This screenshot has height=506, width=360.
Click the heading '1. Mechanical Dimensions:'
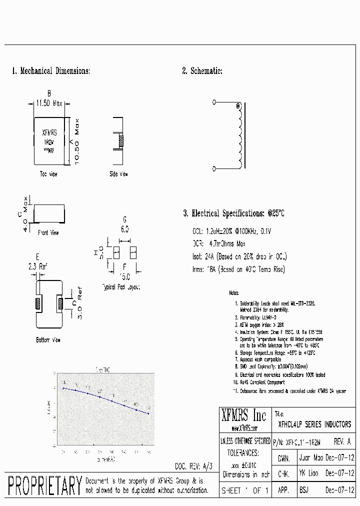[51, 71]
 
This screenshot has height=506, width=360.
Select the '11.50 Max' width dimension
[49, 104]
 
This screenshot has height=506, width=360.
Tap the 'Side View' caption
[118, 174]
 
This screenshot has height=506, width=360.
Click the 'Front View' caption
[48, 232]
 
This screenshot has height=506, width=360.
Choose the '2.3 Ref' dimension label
[37, 267]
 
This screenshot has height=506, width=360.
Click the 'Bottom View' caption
[48, 340]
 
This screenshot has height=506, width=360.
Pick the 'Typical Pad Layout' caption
[121, 287]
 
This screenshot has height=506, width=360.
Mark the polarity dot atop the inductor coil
[238, 106]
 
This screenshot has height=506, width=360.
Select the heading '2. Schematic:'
[202, 71]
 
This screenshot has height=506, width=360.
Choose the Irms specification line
[238, 269]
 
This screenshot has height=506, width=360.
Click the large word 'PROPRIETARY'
[45, 486]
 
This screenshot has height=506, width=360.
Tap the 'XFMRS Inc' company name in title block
[244, 415]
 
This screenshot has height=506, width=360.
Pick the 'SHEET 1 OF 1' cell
[245, 490]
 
